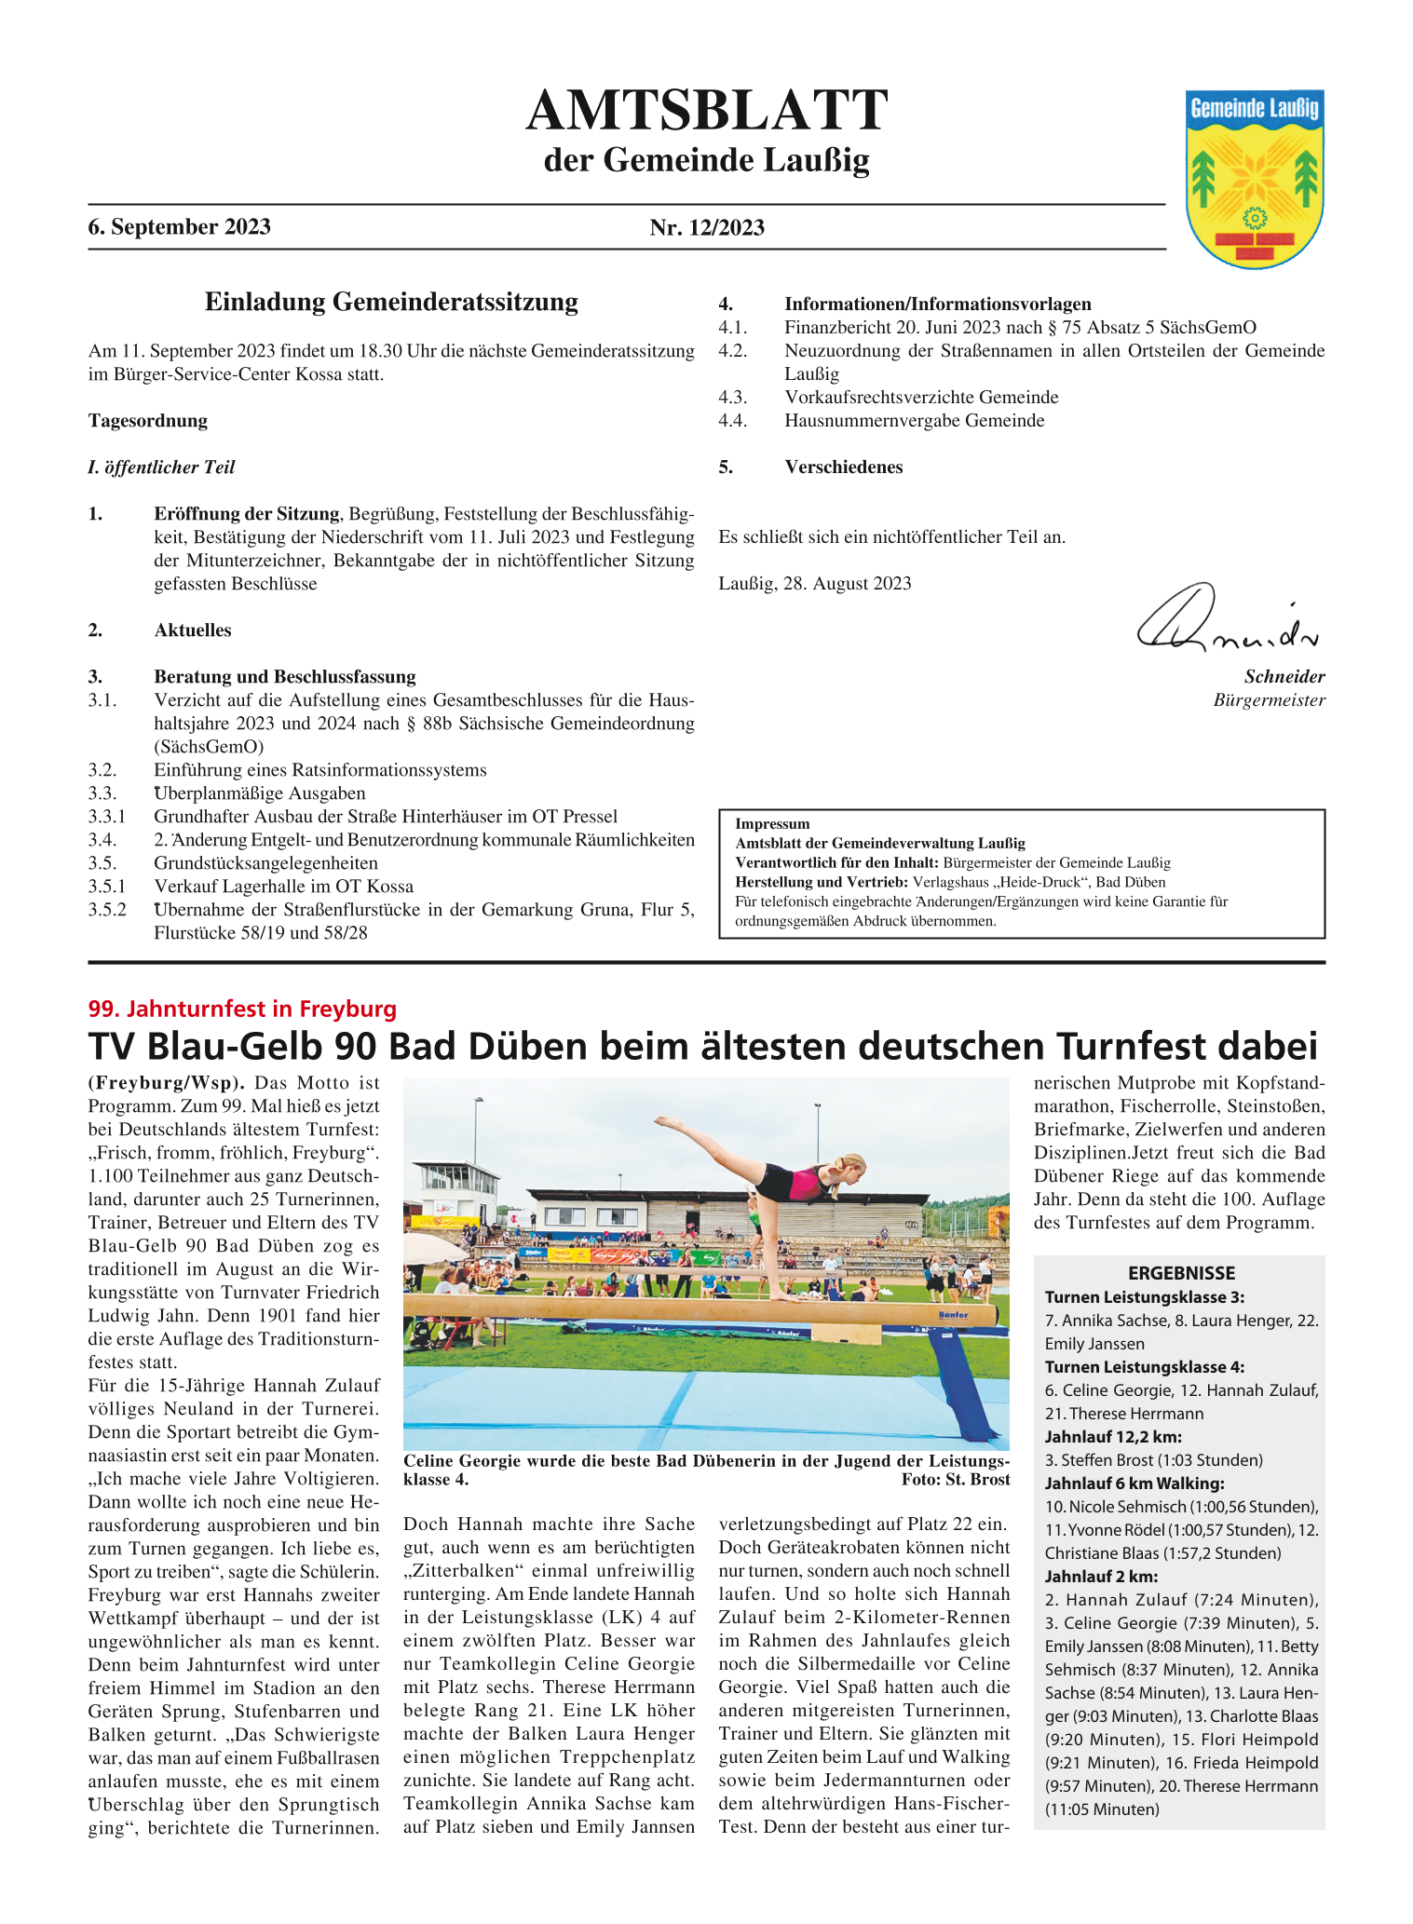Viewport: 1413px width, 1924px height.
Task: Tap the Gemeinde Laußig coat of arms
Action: coord(1254,179)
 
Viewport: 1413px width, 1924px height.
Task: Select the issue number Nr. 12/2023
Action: coord(707,228)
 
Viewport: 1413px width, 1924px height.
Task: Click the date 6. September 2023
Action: coord(180,227)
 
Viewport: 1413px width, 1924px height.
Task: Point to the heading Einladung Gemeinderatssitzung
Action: coord(391,302)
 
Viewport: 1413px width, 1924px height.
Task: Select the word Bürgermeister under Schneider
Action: coord(1269,700)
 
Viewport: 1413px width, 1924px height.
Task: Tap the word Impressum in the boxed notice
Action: coord(772,824)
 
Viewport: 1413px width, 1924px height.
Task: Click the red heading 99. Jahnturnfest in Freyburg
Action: coord(242,1009)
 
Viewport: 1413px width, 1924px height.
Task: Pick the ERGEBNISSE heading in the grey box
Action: coord(1181,1273)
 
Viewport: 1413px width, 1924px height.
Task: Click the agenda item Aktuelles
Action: coord(193,630)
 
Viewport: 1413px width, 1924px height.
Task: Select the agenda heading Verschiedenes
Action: coord(843,467)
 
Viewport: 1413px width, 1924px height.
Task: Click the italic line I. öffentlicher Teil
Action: coord(161,467)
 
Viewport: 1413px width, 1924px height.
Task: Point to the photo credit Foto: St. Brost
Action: coord(955,1480)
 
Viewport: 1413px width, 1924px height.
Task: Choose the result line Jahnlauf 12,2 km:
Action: coord(1113,1437)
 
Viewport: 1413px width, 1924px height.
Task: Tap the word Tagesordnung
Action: coord(148,421)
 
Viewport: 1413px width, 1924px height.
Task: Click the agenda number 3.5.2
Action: coord(107,910)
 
